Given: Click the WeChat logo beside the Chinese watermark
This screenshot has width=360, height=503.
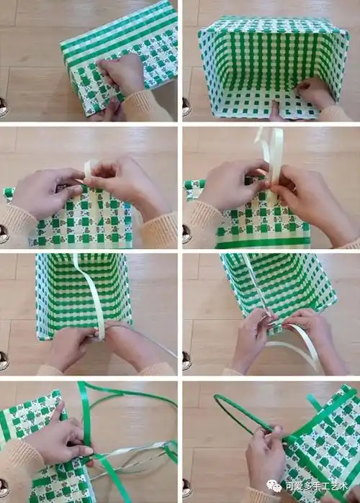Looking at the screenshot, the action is tap(274, 486).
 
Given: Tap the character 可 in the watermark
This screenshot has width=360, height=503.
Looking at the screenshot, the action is tap(289, 486).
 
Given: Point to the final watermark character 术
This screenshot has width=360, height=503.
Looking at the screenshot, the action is tap(342, 486).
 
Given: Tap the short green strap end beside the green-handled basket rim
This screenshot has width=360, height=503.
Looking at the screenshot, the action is tap(315, 402).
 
